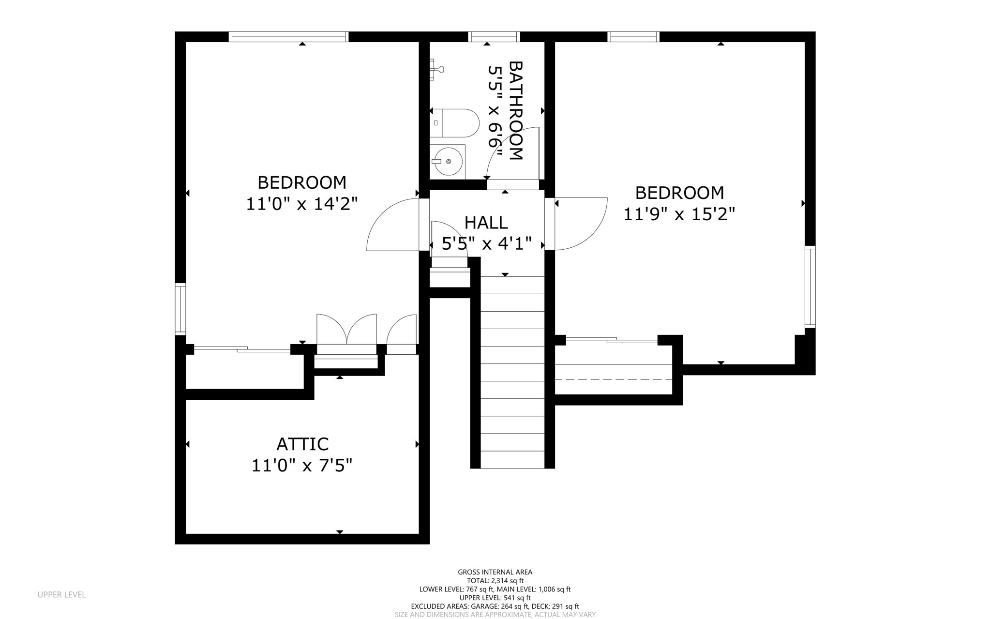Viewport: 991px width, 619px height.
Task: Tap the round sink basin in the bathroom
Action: click(x=448, y=162)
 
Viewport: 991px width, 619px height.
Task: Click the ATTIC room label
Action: click(x=302, y=444)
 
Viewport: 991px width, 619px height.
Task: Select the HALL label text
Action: click(x=486, y=223)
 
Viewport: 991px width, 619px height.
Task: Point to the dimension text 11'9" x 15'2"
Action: click(x=679, y=214)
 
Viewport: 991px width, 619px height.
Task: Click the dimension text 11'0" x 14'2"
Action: click(x=301, y=204)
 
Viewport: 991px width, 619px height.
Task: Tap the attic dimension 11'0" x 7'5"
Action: click(x=301, y=466)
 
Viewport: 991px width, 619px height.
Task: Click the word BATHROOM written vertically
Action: click(x=516, y=110)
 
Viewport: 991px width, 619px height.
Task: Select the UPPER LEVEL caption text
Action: click(x=61, y=594)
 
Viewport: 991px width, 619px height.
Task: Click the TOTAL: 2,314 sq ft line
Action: click(x=495, y=581)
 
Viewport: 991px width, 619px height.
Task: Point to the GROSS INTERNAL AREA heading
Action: click(x=495, y=572)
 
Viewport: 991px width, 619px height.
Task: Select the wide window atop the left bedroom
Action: click(x=288, y=37)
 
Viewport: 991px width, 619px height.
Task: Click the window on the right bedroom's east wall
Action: click(x=810, y=287)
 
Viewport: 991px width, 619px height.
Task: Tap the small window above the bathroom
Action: click(x=494, y=37)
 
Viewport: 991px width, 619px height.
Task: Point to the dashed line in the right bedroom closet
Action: click(x=614, y=379)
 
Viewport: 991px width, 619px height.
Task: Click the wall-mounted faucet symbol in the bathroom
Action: click(x=436, y=69)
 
